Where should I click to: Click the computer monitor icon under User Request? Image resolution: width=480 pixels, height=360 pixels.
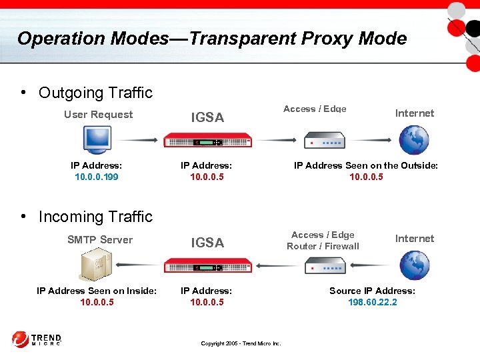point(97,139)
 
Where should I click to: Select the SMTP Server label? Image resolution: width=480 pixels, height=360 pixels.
point(100,239)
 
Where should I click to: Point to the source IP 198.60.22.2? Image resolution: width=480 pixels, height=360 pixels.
point(372,302)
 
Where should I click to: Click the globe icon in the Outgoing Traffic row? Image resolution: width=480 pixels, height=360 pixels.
point(414,140)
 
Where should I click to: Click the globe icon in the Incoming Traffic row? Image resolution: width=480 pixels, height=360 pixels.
point(414,265)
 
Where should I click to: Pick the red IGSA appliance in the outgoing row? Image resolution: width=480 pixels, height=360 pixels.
point(208,141)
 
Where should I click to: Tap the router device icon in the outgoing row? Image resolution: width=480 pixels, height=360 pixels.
point(325,141)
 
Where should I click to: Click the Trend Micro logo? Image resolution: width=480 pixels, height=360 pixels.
point(37,339)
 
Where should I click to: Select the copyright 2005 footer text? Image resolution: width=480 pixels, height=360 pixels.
point(241,343)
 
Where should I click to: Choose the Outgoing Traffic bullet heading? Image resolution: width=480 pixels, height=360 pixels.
point(95,93)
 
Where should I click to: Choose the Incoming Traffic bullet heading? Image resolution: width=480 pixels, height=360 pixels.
point(95,217)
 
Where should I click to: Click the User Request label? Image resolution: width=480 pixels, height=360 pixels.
point(98,114)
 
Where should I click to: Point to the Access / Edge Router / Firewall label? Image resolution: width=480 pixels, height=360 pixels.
point(323,240)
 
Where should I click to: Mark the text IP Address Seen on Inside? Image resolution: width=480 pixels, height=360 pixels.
point(97,291)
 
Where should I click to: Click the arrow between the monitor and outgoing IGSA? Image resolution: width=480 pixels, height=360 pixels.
point(139,140)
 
